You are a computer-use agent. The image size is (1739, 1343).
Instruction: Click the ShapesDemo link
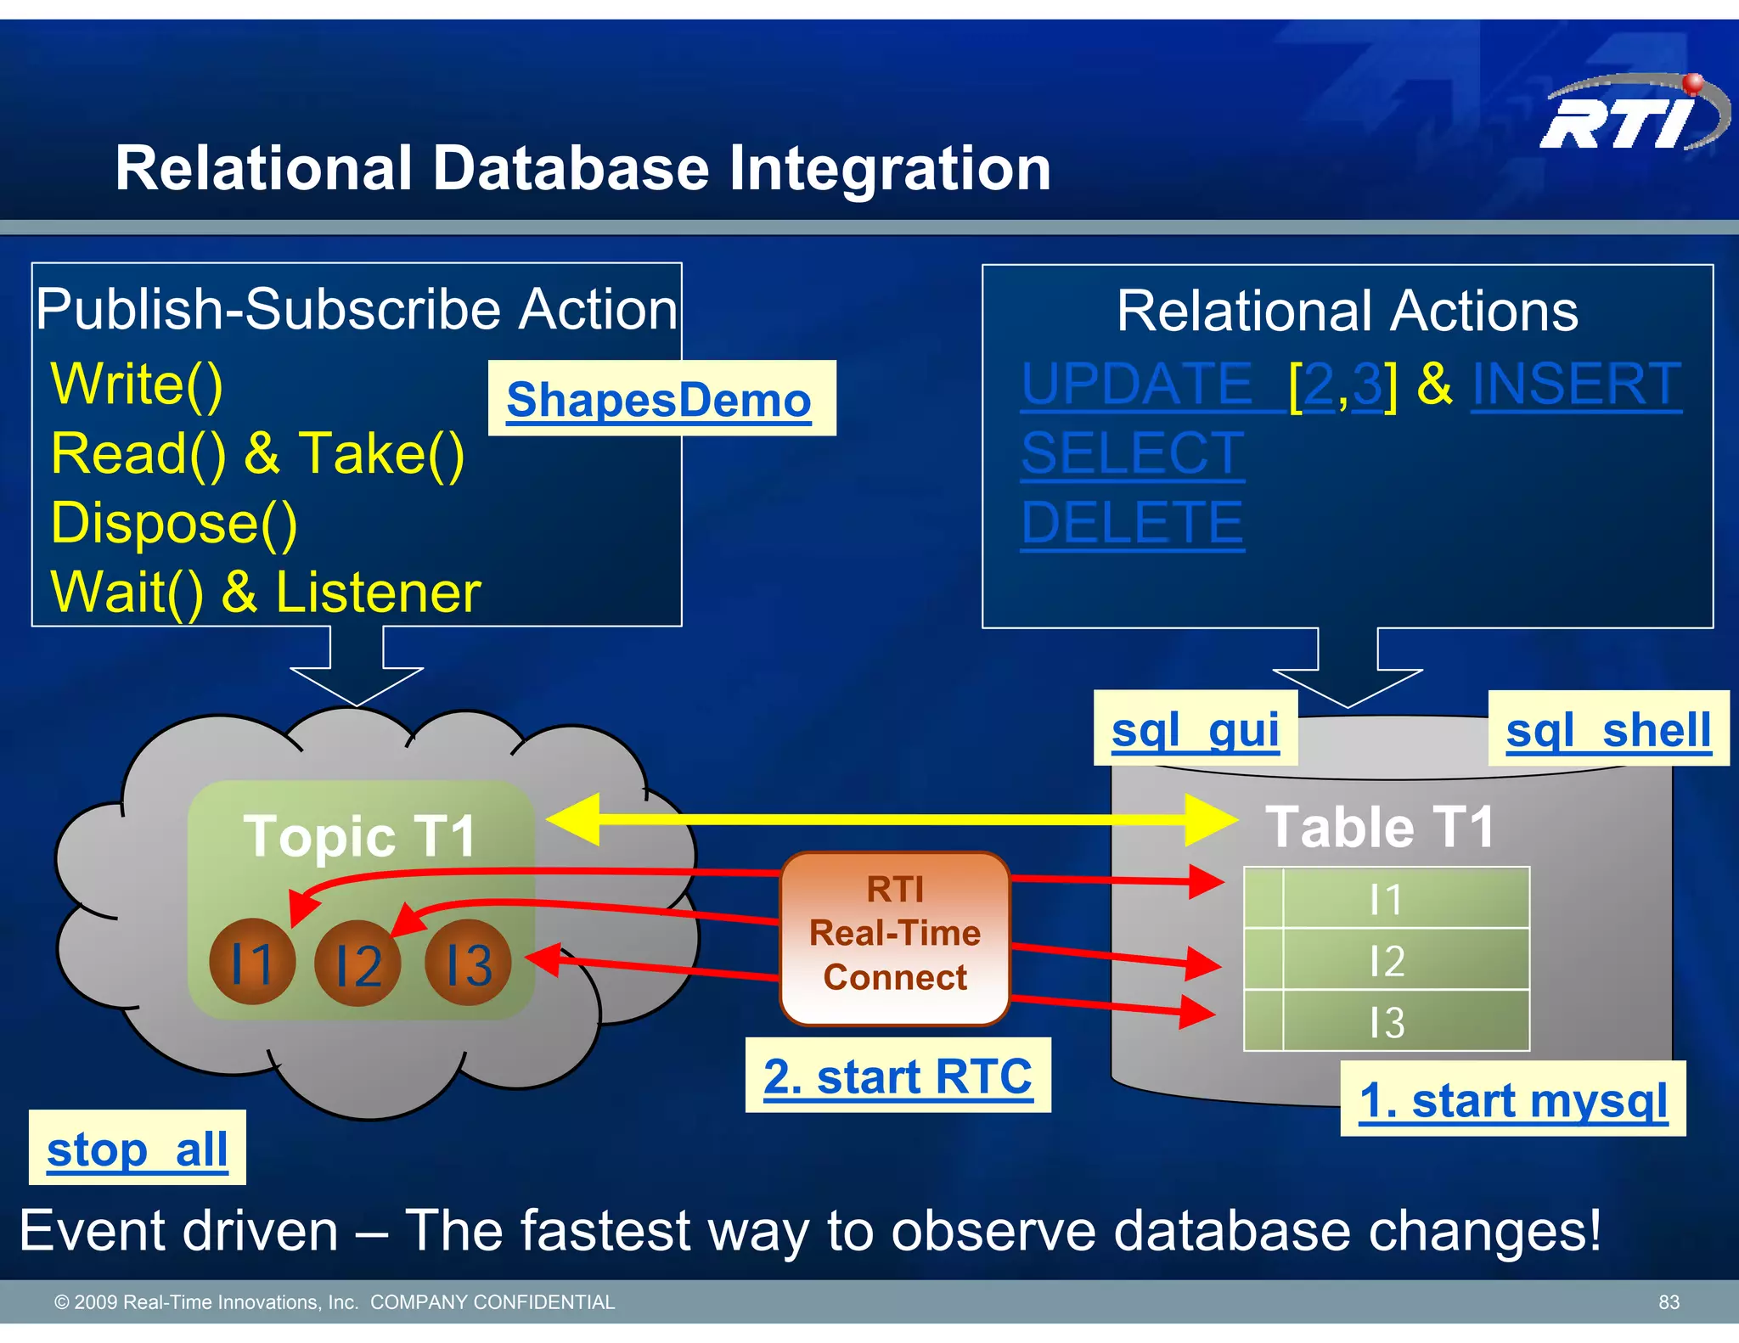pyautogui.click(x=658, y=399)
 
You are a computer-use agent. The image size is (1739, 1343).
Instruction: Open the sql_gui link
pyautogui.click(x=1195, y=729)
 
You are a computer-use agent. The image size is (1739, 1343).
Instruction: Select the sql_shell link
pyautogui.click(x=1607, y=729)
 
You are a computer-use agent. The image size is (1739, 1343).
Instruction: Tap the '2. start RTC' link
pyautogui.click(x=898, y=1076)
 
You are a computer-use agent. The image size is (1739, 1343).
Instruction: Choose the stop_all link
pyautogui.click(x=137, y=1149)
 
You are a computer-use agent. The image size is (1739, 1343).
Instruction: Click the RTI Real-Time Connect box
pyautogui.click(x=895, y=937)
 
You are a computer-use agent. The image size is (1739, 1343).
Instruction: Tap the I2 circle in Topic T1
pyautogui.click(x=357, y=964)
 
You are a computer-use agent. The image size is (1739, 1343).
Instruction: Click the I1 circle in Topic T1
pyautogui.click(x=252, y=962)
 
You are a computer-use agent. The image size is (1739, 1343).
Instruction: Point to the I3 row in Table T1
pyautogui.click(x=1387, y=1020)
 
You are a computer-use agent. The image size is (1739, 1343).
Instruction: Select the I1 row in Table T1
pyautogui.click(x=1387, y=898)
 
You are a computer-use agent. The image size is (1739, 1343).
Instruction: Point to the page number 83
pyautogui.click(x=1669, y=1302)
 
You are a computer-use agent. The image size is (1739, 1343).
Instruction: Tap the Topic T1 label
pyautogui.click(x=359, y=835)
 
